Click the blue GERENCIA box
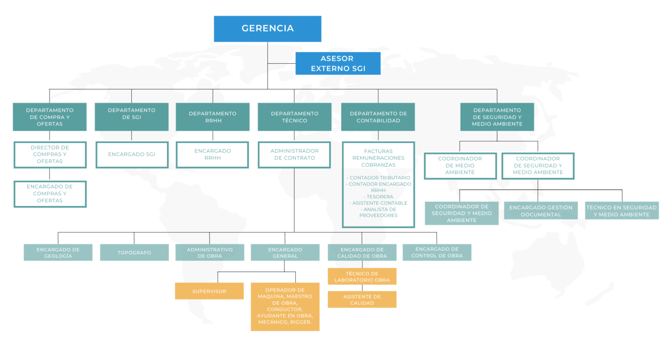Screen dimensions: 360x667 (x=267, y=29)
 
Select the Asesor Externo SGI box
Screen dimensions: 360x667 (x=338, y=63)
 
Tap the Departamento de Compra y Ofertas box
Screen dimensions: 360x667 (x=50, y=117)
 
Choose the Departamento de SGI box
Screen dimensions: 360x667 (x=131, y=117)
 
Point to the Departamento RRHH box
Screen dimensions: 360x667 (x=212, y=117)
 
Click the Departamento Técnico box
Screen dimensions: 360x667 (x=294, y=117)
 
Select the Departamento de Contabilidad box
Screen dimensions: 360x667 (x=378, y=117)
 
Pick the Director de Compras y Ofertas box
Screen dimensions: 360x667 (x=50, y=154)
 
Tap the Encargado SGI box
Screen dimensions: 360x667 (x=131, y=154)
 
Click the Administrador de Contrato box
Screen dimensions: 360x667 (x=294, y=154)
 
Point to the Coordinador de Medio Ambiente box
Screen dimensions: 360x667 (x=460, y=165)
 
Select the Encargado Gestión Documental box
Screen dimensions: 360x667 (x=541, y=211)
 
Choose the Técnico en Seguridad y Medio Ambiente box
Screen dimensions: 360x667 (x=621, y=211)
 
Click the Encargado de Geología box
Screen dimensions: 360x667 (x=58, y=253)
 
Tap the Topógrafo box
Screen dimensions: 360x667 (x=134, y=253)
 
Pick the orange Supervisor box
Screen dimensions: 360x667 (x=209, y=291)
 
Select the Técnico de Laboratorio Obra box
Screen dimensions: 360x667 (x=362, y=276)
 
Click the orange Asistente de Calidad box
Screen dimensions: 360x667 (x=362, y=300)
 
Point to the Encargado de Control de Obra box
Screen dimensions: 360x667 (x=437, y=252)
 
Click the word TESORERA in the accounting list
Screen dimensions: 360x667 (x=378, y=197)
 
